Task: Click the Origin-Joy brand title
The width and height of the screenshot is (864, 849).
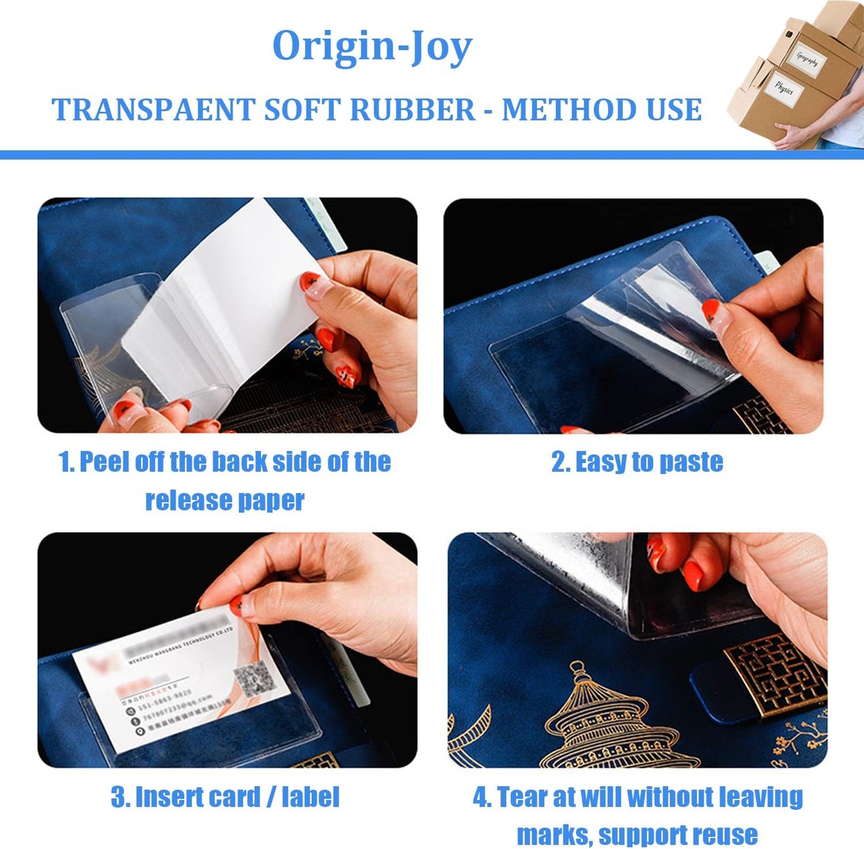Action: point(372,47)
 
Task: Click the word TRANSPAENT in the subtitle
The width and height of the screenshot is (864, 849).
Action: point(154,110)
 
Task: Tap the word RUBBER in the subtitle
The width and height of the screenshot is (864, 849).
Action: point(412,110)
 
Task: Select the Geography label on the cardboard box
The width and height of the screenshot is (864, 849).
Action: point(807,59)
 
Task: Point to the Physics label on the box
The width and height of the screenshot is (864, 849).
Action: point(783,89)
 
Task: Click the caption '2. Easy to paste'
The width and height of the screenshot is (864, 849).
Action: point(637,462)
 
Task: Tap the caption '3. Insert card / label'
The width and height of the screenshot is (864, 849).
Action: point(225,797)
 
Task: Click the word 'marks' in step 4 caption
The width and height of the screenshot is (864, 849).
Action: point(554,835)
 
